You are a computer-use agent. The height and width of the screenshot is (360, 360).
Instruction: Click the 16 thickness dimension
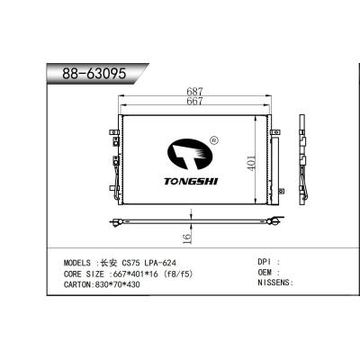click(x=185, y=238)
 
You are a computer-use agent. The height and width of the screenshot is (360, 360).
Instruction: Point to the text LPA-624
click(x=159, y=261)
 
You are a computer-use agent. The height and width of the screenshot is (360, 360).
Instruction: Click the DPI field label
click(x=265, y=261)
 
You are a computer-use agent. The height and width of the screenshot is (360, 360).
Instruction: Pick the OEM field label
click(x=265, y=271)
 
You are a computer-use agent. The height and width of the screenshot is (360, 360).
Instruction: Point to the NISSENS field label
click(x=274, y=283)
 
